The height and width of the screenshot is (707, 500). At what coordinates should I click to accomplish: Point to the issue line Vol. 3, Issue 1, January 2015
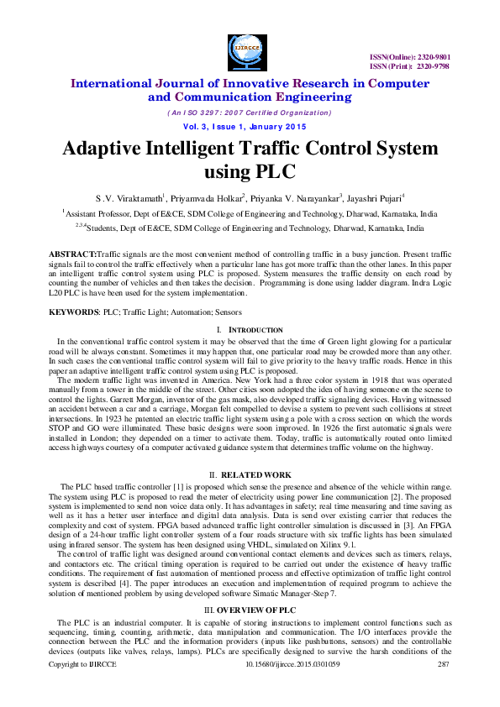point(250,126)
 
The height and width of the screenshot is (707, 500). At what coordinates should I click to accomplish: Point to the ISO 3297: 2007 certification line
point(250,112)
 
